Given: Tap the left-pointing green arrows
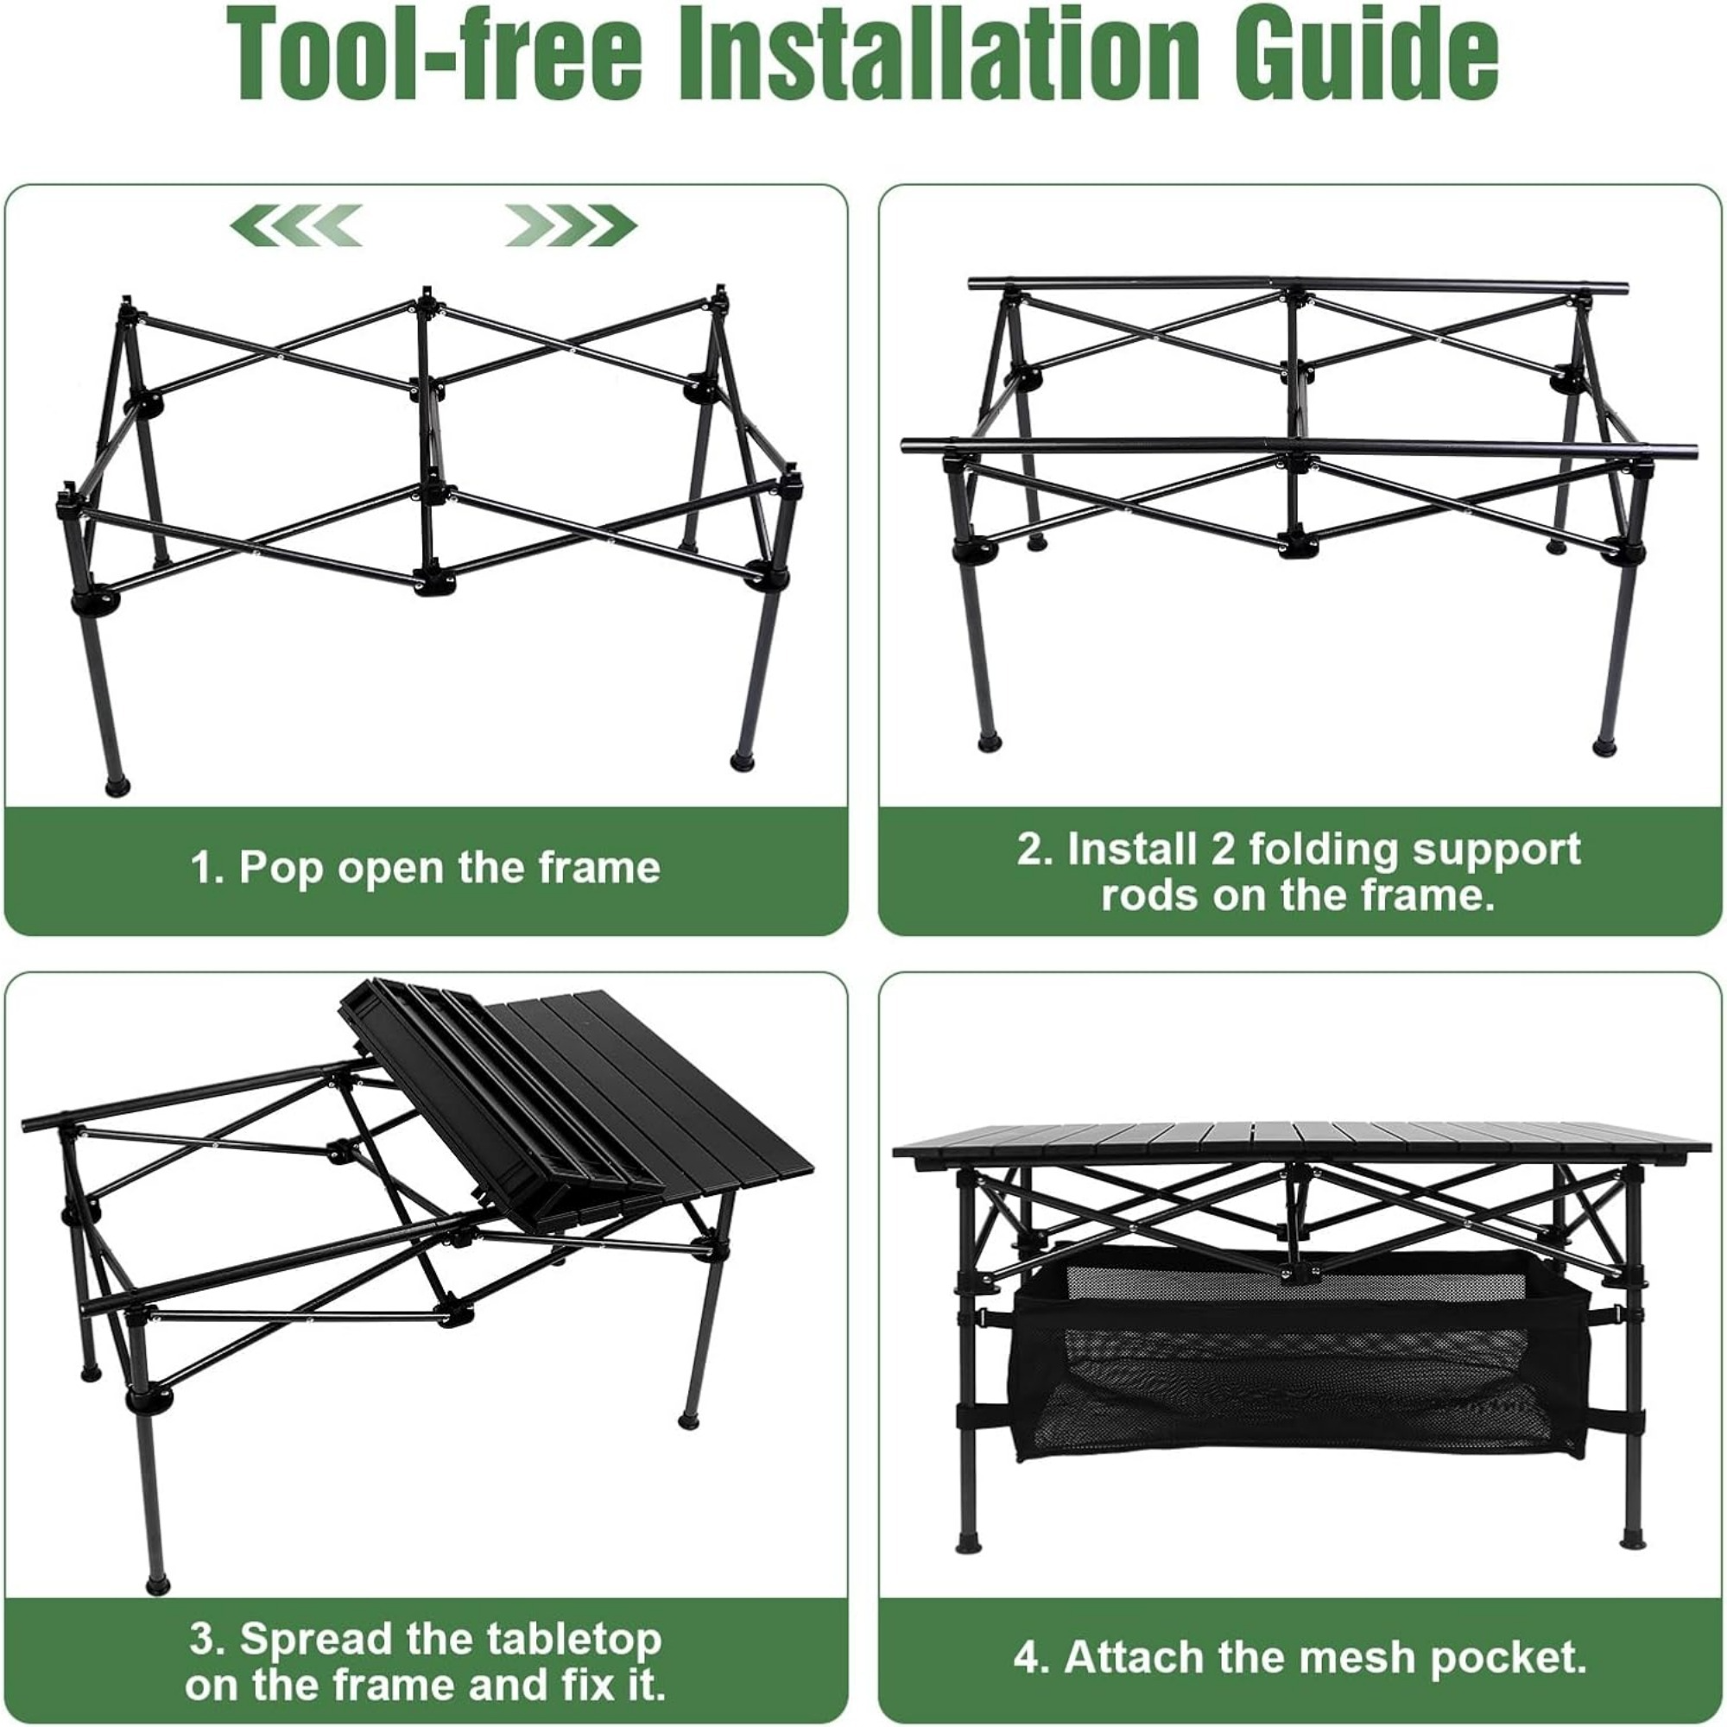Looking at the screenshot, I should click(296, 225).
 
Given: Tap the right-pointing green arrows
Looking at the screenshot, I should click(570, 225).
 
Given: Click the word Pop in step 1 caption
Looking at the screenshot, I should click(280, 869).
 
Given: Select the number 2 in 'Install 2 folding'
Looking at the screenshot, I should click(1222, 849).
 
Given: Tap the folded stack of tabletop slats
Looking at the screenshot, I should click(501, 1099).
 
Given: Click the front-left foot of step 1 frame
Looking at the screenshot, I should click(118, 788).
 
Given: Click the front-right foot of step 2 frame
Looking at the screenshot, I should click(1604, 746).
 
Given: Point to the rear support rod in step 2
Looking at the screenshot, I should click(1296, 284).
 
